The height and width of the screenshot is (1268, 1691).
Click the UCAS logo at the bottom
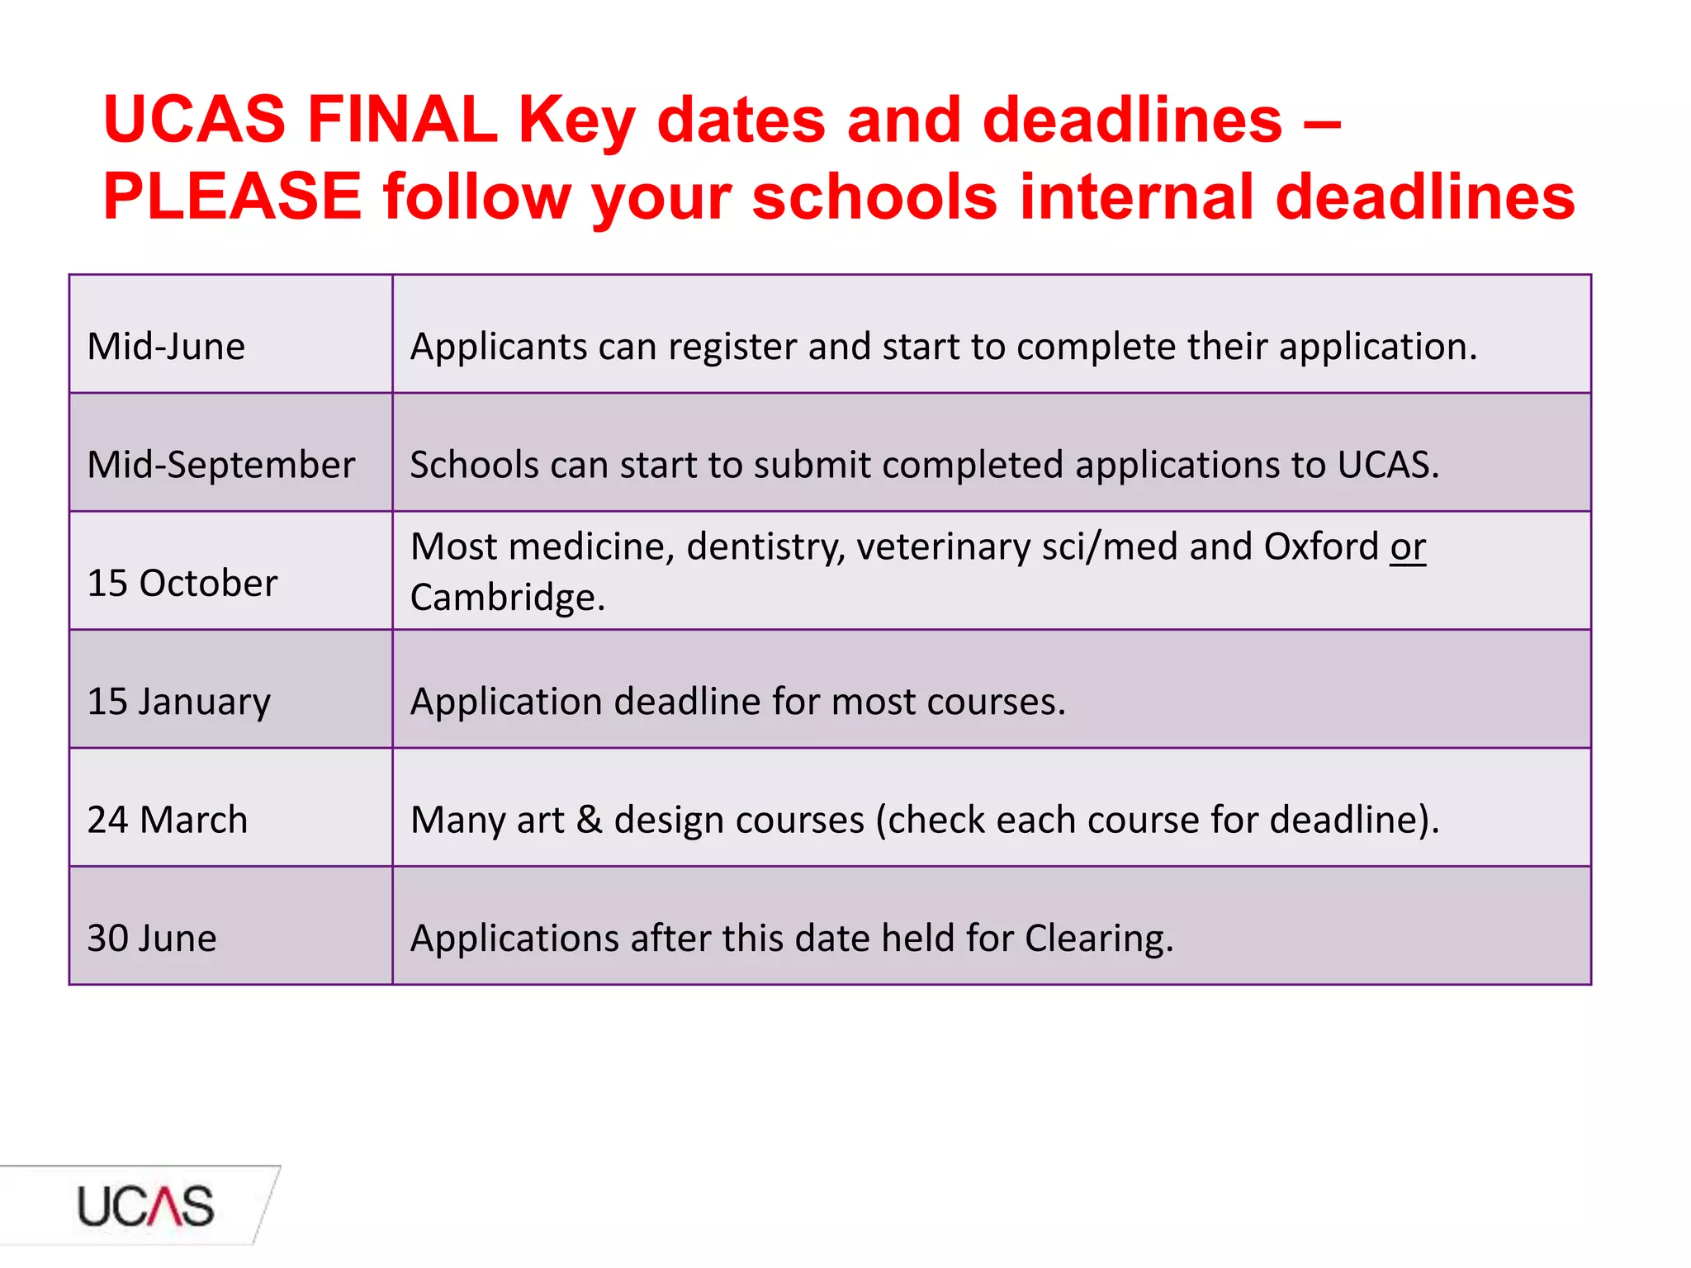click(145, 1206)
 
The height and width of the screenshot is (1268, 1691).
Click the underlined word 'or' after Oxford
click(1408, 547)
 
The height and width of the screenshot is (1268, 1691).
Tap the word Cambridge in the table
click(507, 598)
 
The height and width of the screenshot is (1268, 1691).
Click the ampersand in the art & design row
click(589, 820)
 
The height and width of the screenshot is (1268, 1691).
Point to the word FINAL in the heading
click(402, 120)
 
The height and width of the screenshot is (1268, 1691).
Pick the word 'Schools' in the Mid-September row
click(474, 465)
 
